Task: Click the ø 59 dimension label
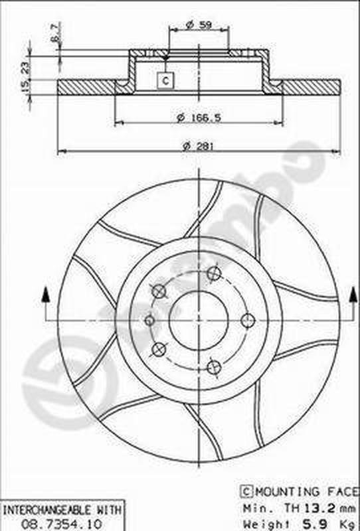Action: pos(199,25)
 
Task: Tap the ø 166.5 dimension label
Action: pos(199,117)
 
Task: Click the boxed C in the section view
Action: pos(165,81)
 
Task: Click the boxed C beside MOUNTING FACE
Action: pos(245,492)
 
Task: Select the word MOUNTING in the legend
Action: pos(281,492)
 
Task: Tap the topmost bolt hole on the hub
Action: pos(213,273)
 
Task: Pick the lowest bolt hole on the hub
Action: pos(213,367)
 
